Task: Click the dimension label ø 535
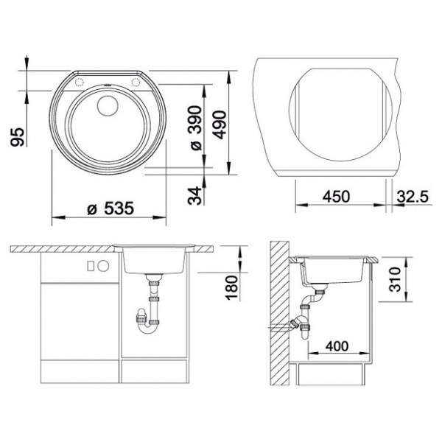tap(110, 208)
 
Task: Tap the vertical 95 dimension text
tap(18, 137)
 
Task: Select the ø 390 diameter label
tap(196, 128)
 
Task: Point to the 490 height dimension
tap(220, 125)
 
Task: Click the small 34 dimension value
tap(195, 195)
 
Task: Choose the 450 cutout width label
tap(337, 197)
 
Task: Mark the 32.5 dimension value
tap(413, 197)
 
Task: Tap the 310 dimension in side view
tap(395, 279)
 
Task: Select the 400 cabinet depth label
tap(337, 346)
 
